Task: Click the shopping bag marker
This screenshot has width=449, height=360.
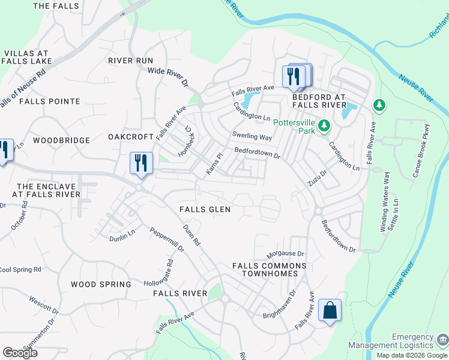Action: [330, 311]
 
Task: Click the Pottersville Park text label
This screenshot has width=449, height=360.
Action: [294, 127]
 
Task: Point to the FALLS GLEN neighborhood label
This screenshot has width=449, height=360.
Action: [205, 209]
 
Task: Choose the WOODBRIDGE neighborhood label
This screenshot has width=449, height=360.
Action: [61, 140]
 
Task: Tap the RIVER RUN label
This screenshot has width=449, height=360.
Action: [131, 61]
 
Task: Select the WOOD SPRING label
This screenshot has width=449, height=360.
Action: [101, 284]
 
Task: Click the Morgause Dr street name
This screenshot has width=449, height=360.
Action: [286, 254]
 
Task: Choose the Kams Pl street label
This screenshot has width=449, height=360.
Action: [214, 164]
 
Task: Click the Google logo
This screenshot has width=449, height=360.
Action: [20, 353]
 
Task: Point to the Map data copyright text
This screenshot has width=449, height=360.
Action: [412, 355]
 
